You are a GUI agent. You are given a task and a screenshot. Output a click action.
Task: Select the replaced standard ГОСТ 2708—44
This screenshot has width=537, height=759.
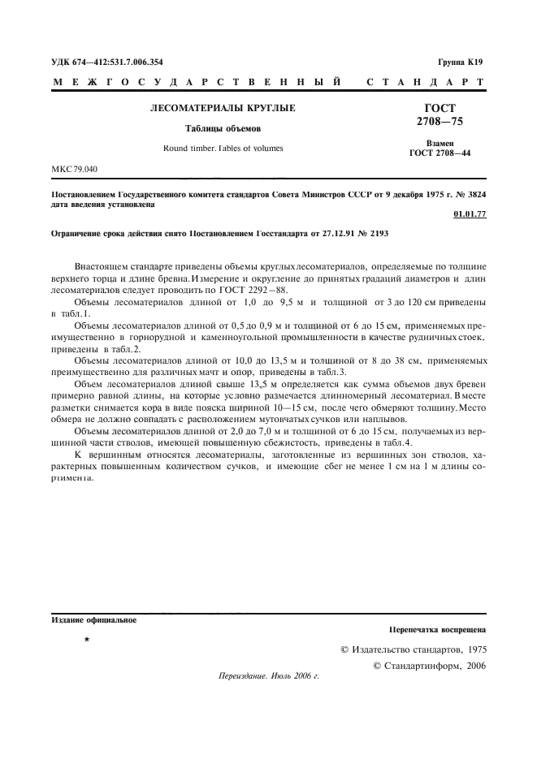440,152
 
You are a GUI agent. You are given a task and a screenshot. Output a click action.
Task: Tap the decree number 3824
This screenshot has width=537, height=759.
473,195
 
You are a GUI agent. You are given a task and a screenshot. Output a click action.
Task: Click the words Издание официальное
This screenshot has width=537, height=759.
93,621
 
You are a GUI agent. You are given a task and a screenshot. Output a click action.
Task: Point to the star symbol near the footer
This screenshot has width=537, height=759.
86,640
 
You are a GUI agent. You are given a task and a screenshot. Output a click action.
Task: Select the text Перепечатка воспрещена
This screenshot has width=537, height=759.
437,629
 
